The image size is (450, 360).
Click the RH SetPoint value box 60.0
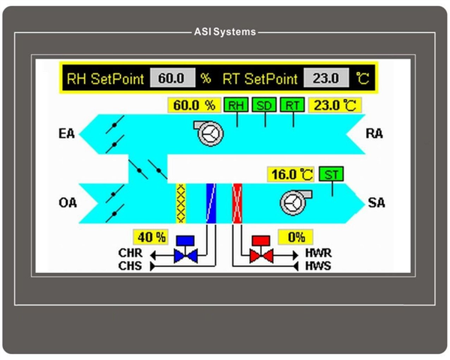[x=172, y=78]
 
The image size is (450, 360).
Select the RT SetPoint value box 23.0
[x=325, y=78]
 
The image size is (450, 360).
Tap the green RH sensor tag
[x=235, y=105]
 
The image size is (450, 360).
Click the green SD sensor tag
[x=264, y=105]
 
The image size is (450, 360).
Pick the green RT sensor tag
[x=292, y=105]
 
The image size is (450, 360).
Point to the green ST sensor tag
[x=330, y=174]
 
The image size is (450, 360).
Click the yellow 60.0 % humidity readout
[x=194, y=105]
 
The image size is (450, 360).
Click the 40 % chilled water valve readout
[x=151, y=237]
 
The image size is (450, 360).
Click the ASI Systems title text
[x=224, y=32]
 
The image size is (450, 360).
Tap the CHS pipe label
[x=130, y=265]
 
